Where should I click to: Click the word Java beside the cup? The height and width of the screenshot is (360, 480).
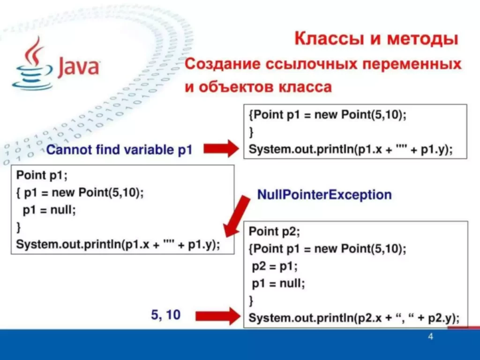78,67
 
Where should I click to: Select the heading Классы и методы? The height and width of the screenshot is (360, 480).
376,38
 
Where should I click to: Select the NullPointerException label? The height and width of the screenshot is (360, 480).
324,194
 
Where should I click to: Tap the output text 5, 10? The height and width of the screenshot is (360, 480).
165,315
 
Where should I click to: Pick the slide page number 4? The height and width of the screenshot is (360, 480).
430,337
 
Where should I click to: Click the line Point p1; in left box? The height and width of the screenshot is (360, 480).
42,176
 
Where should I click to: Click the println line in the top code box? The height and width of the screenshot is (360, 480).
351,150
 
